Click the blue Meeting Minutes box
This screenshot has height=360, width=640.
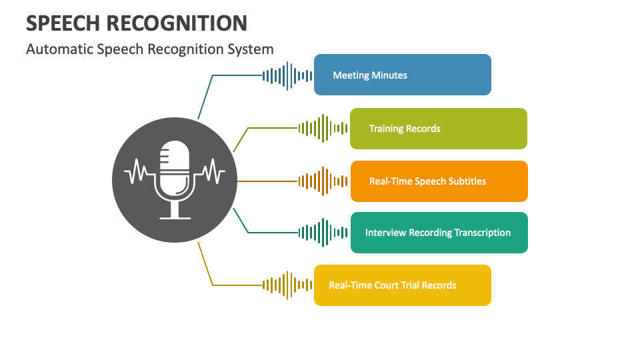click(x=402, y=75)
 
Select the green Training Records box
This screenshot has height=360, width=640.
click(x=438, y=129)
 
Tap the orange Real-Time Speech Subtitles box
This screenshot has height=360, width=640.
click(x=439, y=181)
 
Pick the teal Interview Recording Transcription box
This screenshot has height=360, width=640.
click(x=439, y=233)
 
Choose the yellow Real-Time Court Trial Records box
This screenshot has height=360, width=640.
click(x=402, y=285)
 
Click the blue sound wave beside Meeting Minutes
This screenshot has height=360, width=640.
click(x=287, y=75)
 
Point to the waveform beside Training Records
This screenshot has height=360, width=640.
click(x=323, y=128)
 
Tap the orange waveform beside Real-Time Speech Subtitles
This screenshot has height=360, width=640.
click(x=323, y=181)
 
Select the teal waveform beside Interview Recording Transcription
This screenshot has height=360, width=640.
click(x=323, y=233)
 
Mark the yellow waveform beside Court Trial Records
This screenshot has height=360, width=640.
click(x=287, y=285)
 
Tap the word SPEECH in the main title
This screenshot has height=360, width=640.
click(x=63, y=23)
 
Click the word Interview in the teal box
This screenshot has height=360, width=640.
click(x=385, y=233)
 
